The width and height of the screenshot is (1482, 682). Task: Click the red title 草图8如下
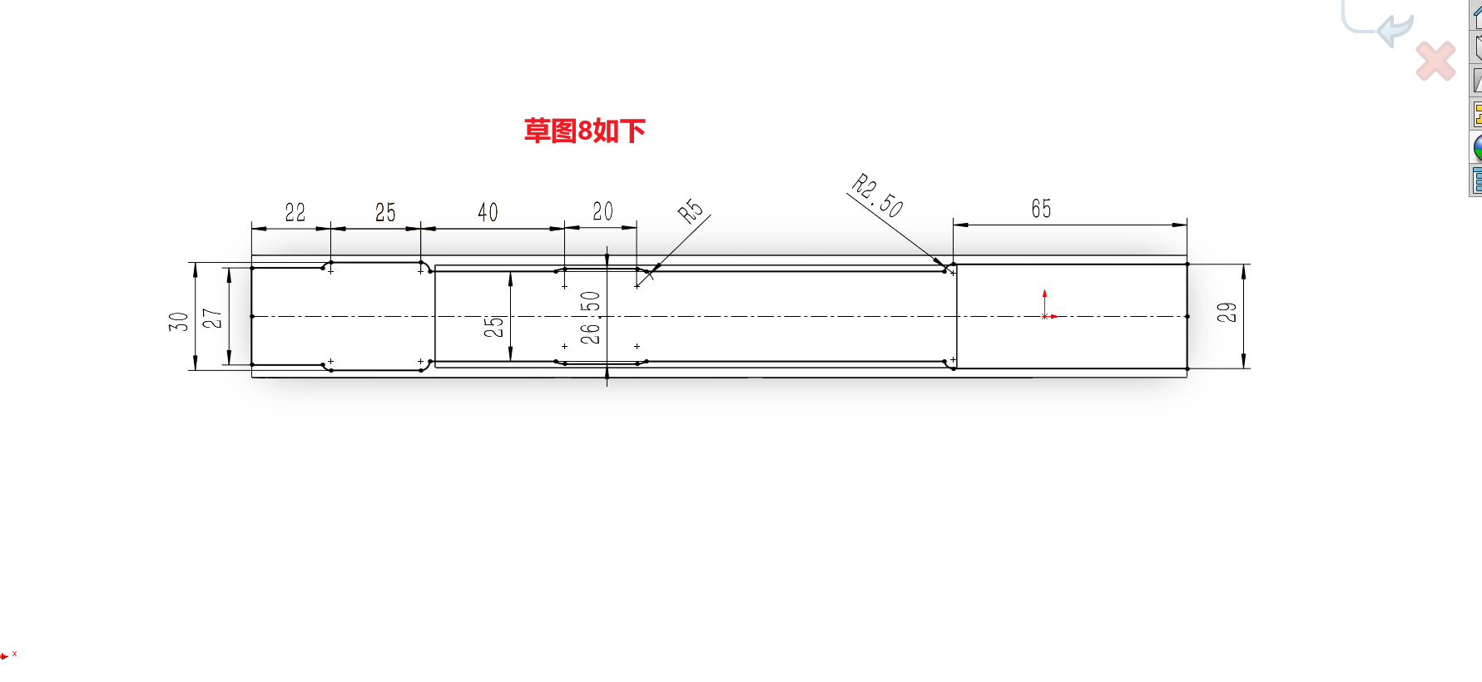tap(584, 131)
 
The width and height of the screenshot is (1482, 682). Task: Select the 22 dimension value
tap(295, 213)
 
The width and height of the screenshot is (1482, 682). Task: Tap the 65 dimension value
tap(1041, 209)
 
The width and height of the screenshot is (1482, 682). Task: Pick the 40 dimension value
tap(488, 213)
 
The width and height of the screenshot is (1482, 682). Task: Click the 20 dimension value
tap(602, 211)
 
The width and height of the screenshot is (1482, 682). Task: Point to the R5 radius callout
tap(691, 211)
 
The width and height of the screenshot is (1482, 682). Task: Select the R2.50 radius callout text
tap(878, 195)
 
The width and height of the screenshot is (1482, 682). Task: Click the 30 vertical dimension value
tap(179, 321)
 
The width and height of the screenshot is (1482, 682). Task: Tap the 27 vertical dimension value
tap(213, 319)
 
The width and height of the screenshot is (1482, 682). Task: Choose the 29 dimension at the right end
tap(1227, 313)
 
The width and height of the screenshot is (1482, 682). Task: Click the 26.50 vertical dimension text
tap(590, 318)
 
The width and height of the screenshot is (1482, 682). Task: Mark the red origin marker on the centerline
tap(1045, 315)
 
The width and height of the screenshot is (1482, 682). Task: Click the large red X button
tap(1435, 62)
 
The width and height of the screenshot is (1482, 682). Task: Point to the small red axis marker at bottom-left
tap(6, 656)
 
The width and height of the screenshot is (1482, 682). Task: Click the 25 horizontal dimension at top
tap(385, 213)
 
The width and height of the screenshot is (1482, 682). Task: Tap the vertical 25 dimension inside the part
tap(494, 326)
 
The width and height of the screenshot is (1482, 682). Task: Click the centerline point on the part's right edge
tap(1187, 316)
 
